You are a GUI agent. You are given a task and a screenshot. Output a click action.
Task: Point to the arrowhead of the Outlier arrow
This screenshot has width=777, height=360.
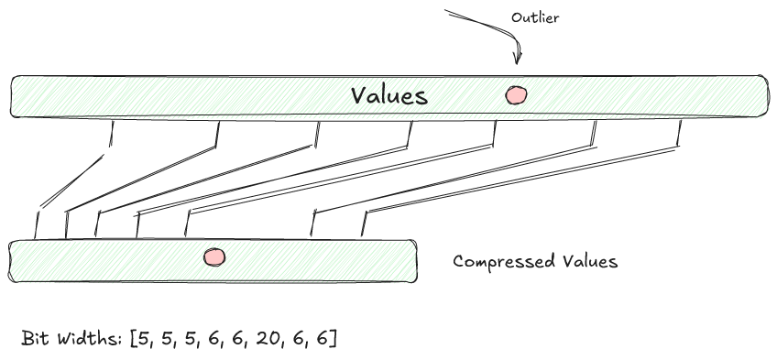(517, 62)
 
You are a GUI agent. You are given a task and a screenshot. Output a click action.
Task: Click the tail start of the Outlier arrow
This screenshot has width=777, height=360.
(447, 11)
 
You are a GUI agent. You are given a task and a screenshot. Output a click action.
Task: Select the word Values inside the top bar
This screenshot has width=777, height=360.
(389, 95)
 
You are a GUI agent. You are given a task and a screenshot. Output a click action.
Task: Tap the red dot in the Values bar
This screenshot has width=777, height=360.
(517, 94)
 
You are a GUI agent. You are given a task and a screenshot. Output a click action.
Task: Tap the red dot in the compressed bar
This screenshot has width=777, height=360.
(214, 258)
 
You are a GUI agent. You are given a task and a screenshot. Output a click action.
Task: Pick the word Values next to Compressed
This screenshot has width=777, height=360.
(590, 261)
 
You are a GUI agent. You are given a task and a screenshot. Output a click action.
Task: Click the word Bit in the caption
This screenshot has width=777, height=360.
(35, 339)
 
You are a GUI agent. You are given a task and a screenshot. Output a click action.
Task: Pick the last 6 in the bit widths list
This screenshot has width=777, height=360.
(324, 339)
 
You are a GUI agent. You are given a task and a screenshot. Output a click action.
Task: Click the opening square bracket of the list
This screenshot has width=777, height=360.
(134, 339)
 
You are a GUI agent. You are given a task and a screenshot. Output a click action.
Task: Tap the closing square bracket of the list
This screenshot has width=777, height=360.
(335, 339)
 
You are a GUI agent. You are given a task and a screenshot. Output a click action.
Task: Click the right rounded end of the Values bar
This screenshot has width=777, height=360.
(764, 96)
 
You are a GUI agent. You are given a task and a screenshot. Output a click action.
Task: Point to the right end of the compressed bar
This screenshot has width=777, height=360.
(415, 261)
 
